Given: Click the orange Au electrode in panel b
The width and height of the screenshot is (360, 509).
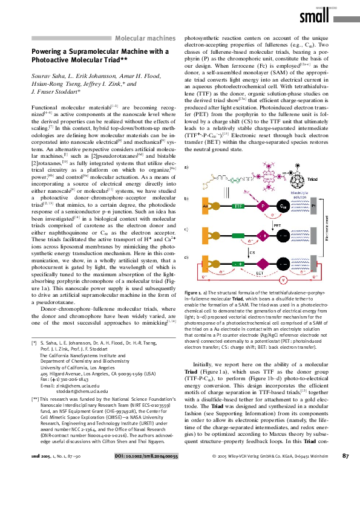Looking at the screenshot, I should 206,206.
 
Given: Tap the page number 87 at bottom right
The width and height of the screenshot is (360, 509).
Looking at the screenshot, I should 345,490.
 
